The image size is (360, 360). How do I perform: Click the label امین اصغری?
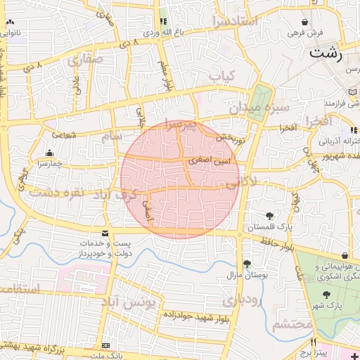(x=208, y=161)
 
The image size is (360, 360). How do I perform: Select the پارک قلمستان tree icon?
(x=270, y=215)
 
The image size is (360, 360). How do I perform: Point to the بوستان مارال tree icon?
(x=246, y=264)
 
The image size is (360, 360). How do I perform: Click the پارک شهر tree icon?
(x=325, y=295)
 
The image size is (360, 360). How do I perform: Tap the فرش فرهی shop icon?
(x=304, y=22)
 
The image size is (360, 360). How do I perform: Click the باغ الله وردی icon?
(x=163, y=22)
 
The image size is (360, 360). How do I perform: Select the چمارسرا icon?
(x=49, y=153)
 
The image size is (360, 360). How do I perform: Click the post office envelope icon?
(x=105, y=233)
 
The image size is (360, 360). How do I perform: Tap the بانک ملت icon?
(x=105, y=346)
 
